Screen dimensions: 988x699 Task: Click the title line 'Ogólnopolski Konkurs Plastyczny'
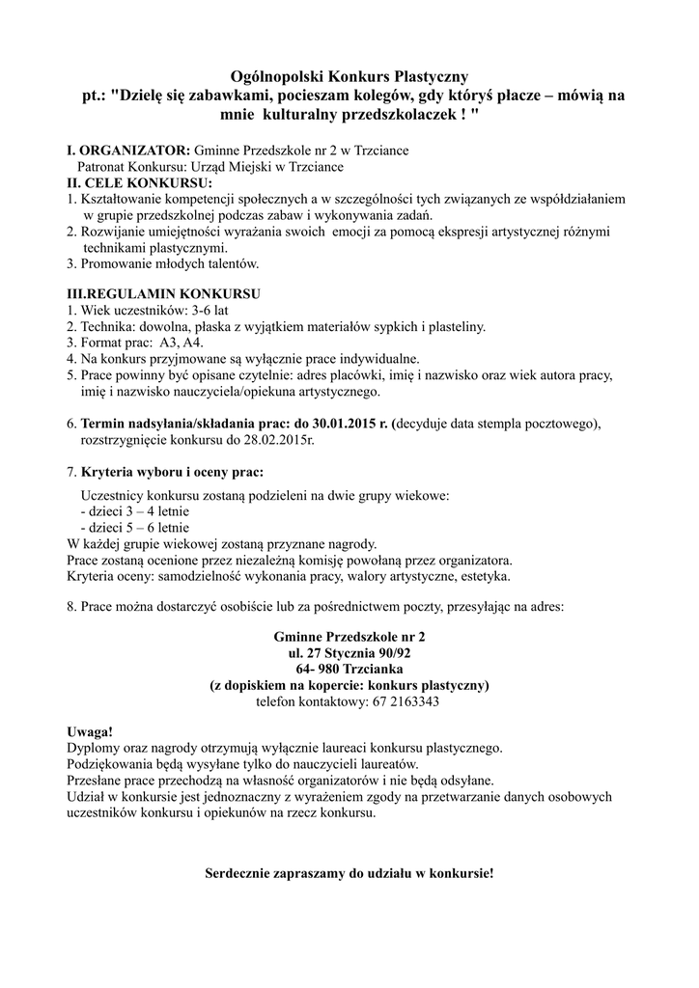pos(349,76)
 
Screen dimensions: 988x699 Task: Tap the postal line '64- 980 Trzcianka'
pos(349,669)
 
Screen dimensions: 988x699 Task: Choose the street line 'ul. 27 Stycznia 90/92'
pos(349,653)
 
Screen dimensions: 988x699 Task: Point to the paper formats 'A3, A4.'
pos(182,343)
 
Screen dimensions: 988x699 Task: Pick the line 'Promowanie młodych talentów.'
pos(169,262)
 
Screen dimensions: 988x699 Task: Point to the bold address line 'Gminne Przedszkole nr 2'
pos(349,637)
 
